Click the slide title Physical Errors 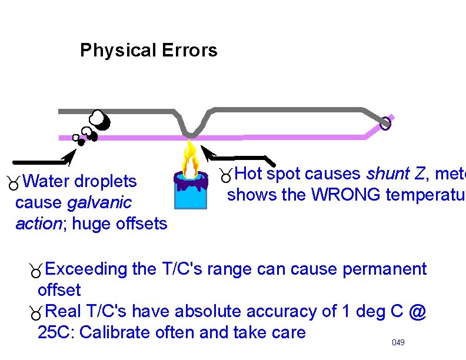pyautogui.click(x=148, y=51)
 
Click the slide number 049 pyautogui.click(x=398, y=342)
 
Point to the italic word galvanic pyautogui.click(x=99, y=203)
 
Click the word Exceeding pyautogui.click(x=86, y=269)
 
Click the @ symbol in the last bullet pyautogui.click(x=417, y=311)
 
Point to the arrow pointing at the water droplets pyautogui.click(x=45, y=159)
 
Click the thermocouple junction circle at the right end pyautogui.click(x=385, y=124)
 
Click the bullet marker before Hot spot pyautogui.click(x=224, y=175)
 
